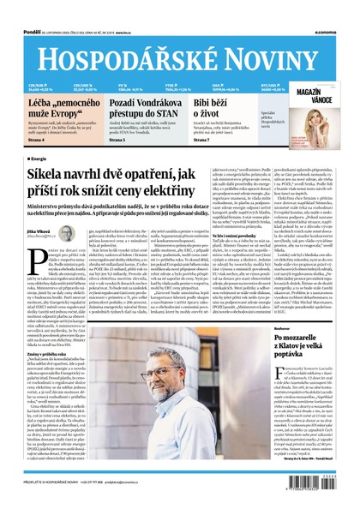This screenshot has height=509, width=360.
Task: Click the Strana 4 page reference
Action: (x=34, y=136)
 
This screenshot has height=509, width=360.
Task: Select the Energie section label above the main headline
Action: (x=37, y=159)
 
